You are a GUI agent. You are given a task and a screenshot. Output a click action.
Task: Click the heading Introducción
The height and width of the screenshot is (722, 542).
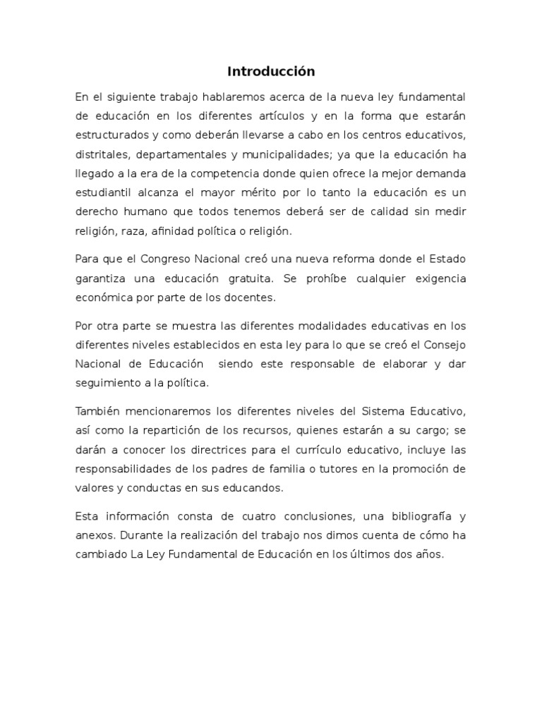[x=271, y=71]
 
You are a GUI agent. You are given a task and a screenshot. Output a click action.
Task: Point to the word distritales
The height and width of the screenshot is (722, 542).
[x=100, y=154]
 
